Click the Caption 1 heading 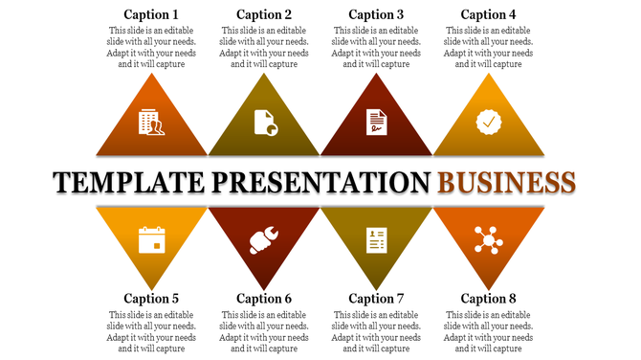point(151,14)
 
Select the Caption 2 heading point(264,14)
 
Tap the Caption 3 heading point(376,14)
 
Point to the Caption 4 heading point(488,14)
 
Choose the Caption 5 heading point(151,299)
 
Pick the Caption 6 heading point(264,299)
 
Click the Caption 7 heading point(376,299)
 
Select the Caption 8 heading point(488,299)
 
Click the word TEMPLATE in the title point(130,182)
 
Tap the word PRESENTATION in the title point(320,182)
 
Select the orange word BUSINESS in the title point(506,182)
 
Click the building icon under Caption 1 point(151,122)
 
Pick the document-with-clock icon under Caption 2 point(264,123)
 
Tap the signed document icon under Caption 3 point(376,123)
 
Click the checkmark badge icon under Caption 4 point(488,122)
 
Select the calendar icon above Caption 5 point(151,239)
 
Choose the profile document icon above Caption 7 point(376,239)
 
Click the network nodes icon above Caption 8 point(488,238)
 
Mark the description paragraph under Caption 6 point(264,331)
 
